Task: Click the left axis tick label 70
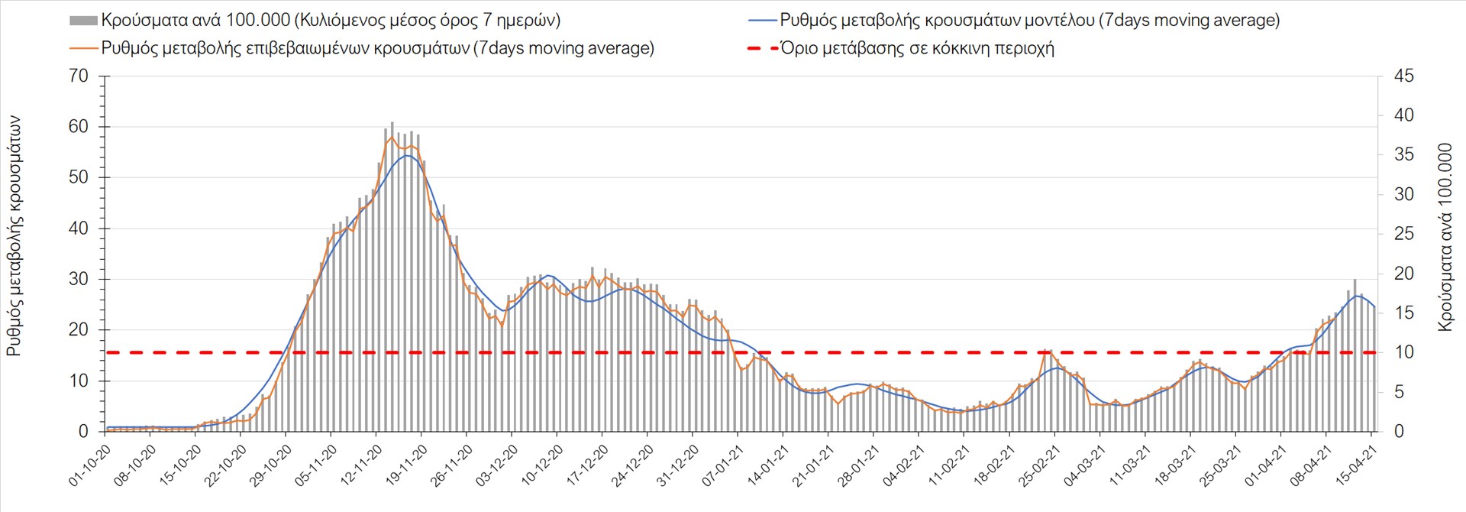pos(79,76)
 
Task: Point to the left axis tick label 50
pos(79,177)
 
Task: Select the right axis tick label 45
pos(1403,76)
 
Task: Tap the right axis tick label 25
pos(1403,234)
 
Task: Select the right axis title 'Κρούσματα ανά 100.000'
pos(1445,237)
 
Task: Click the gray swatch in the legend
pos(83,21)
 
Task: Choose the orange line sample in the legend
pos(83,48)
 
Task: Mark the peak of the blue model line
pos(407,155)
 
